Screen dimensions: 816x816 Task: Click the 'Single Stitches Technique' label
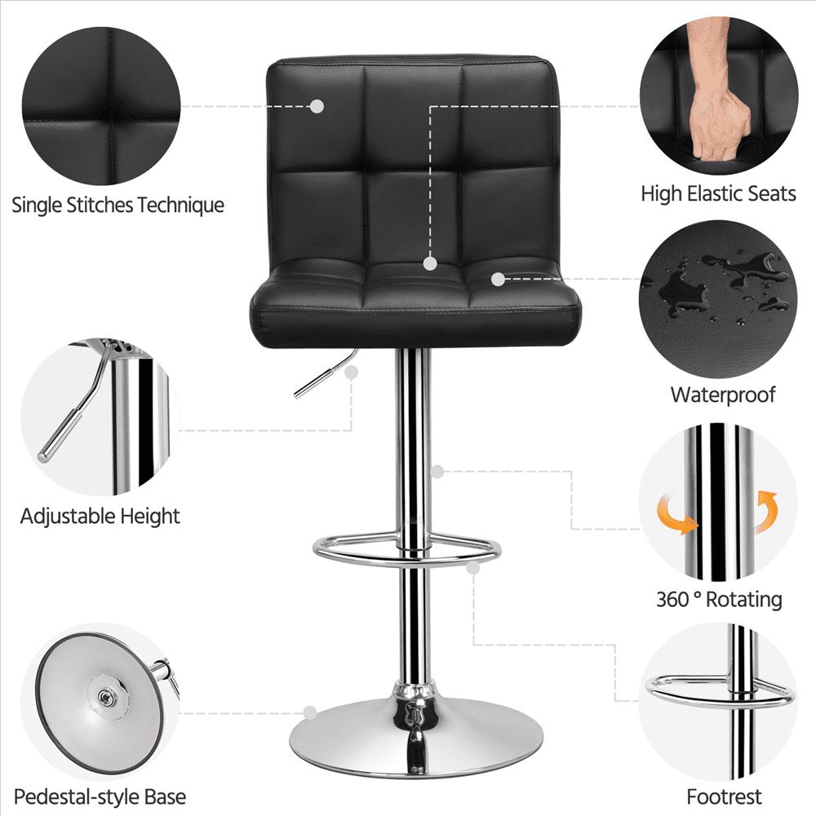(x=118, y=205)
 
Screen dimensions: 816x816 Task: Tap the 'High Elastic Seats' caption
(x=718, y=193)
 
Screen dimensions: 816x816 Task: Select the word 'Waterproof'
(x=723, y=395)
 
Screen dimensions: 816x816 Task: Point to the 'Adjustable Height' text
(x=100, y=517)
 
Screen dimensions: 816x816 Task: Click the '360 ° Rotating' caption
(x=719, y=600)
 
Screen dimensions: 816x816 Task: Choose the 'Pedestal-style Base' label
(x=100, y=796)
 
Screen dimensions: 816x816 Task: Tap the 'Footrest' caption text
(x=724, y=796)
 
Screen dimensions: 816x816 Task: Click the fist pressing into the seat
(x=719, y=104)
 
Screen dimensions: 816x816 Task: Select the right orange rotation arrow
(x=765, y=511)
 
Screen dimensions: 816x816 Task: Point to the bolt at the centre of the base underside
(x=106, y=696)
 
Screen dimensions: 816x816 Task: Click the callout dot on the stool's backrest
(x=317, y=107)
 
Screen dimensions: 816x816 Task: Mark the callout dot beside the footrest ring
(x=473, y=568)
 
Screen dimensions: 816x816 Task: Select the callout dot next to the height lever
(x=352, y=372)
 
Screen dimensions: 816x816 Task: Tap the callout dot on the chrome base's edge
(x=310, y=712)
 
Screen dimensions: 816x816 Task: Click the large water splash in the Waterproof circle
(x=676, y=289)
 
